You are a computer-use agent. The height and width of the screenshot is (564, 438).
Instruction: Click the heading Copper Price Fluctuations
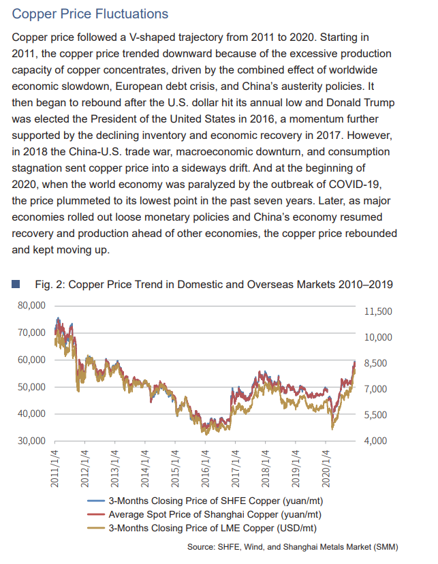point(90,14)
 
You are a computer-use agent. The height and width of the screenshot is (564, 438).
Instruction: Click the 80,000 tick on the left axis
point(32,306)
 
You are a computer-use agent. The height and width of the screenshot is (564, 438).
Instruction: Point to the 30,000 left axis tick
point(32,441)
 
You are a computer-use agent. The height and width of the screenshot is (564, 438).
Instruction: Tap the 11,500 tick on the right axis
point(379,311)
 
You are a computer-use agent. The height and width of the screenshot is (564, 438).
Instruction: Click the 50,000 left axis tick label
point(32,387)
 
